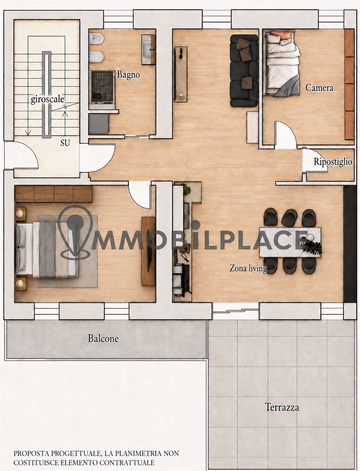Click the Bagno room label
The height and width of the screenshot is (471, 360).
point(128,75)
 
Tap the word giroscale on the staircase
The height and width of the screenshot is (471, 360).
point(47,99)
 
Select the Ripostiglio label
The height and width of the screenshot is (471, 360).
point(333,162)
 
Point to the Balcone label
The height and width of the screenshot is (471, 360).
point(103,339)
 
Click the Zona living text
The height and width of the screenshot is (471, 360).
point(248,269)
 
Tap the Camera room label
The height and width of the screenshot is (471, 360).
point(319,88)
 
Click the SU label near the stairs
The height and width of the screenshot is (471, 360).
point(65,143)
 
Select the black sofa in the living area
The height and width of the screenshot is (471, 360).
point(244,71)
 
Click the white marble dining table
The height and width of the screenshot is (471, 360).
point(290,242)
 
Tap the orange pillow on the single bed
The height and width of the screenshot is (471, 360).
point(281,35)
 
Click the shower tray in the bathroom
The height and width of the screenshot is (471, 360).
point(102,87)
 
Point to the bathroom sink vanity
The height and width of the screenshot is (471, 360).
point(148,49)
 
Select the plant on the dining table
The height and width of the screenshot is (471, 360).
point(312,247)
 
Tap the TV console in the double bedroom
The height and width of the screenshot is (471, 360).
point(148,251)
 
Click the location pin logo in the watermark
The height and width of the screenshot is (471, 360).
point(75,232)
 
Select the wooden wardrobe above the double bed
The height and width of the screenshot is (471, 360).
point(54,194)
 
